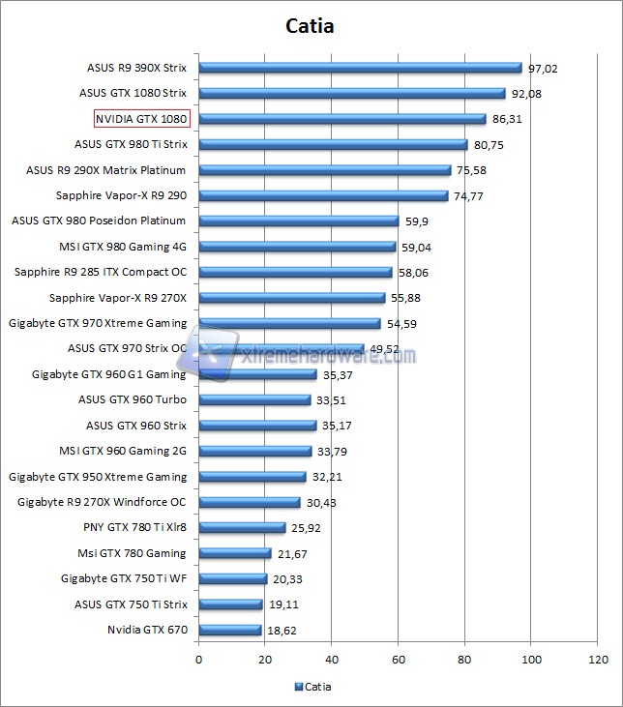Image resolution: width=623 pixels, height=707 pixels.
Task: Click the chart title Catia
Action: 311,26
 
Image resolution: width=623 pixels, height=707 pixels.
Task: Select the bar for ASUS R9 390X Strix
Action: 360,68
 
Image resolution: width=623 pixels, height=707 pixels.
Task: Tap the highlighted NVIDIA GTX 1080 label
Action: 141,119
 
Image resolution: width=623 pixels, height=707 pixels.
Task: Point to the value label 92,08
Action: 529,94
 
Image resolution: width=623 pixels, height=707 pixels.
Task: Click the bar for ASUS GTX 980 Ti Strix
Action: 333,145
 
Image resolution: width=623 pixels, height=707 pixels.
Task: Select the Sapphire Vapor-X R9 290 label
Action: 122,195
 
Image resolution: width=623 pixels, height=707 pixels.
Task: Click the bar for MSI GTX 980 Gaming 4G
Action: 297,247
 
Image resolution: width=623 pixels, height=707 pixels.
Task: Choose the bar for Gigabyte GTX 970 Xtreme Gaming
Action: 289,323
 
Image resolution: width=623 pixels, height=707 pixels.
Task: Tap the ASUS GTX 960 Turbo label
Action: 133,399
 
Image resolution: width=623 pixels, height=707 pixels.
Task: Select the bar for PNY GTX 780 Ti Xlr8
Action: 242,528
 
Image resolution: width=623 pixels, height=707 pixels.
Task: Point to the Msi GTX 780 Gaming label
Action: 132,553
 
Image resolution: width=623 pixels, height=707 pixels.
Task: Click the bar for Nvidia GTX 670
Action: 229,630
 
